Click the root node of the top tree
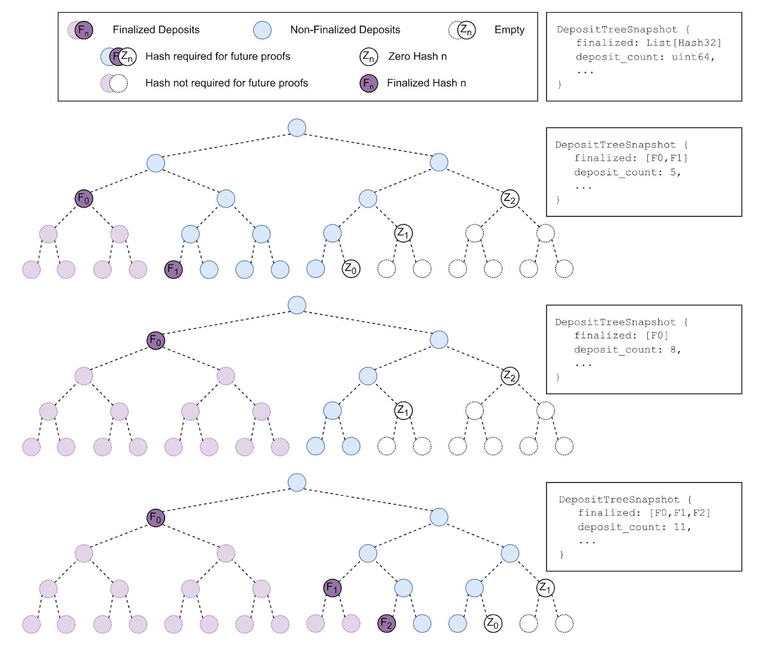[297, 128]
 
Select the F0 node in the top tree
[84, 198]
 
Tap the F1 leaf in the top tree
[173, 269]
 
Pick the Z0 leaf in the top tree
[351, 268]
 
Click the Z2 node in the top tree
[510, 198]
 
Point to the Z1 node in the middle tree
[404, 411]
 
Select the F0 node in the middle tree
[156, 340]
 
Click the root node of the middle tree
[297, 305]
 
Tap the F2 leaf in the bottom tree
[387, 623]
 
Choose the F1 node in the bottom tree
[333, 588]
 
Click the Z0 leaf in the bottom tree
[493, 623]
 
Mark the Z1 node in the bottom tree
[545, 588]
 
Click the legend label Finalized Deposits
[156, 30]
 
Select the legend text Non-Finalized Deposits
[345, 30]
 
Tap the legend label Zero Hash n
[417, 56]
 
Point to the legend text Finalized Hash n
[426, 83]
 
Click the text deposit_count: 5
[627, 173]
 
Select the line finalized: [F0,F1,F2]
[644, 513]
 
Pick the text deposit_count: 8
[627, 350]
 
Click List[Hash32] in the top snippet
[683, 43]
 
